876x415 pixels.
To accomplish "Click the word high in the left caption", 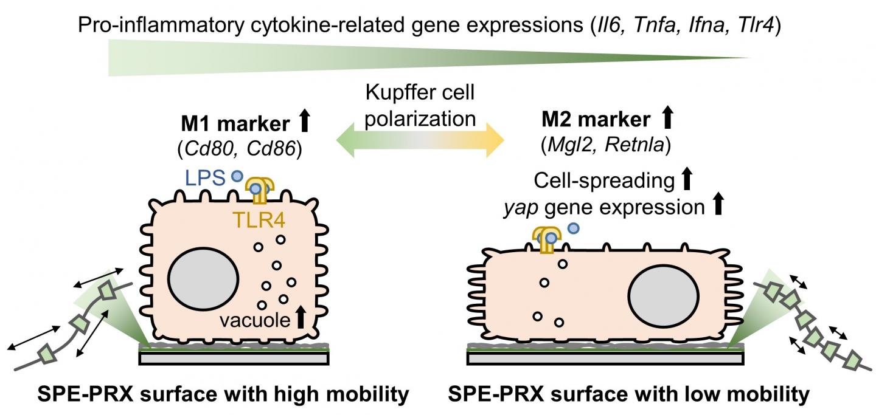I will click(x=271, y=395).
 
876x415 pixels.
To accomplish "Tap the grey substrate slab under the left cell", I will click(x=234, y=358).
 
